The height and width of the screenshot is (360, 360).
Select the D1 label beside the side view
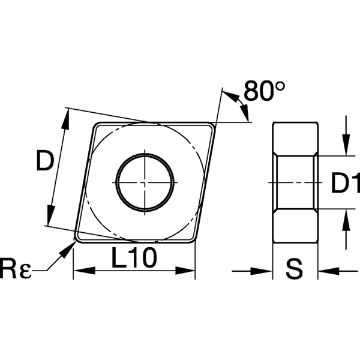tap(344, 183)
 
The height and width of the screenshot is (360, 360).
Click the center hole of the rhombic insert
tap(145, 182)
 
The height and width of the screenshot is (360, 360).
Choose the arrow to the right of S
tap(324, 271)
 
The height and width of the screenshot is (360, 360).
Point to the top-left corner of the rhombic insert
tap(95, 125)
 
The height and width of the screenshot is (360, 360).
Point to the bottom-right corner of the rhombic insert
tap(193, 239)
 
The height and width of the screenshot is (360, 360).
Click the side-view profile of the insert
tap(295, 182)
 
